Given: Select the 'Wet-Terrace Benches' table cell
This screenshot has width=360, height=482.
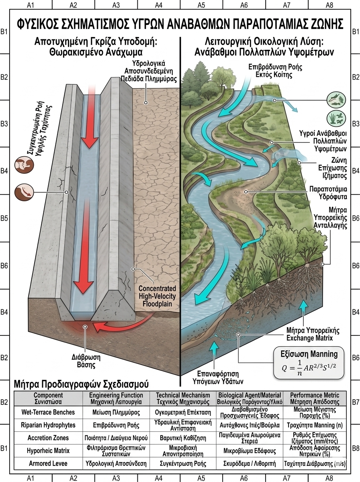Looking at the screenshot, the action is [x=48, y=412].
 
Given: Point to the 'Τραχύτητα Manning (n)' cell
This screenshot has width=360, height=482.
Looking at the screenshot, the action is [x=315, y=425].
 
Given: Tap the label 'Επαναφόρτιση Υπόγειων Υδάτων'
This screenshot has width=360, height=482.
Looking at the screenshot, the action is [x=218, y=378].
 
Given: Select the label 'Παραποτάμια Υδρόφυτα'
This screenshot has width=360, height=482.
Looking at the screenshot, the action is [x=328, y=192].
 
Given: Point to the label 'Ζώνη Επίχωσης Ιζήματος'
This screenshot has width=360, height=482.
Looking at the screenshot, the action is [x=333, y=168].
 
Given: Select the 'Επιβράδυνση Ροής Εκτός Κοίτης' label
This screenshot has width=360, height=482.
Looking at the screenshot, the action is [x=275, y=70].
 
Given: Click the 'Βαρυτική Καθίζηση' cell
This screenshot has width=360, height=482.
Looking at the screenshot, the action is [x=183, y=438].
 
